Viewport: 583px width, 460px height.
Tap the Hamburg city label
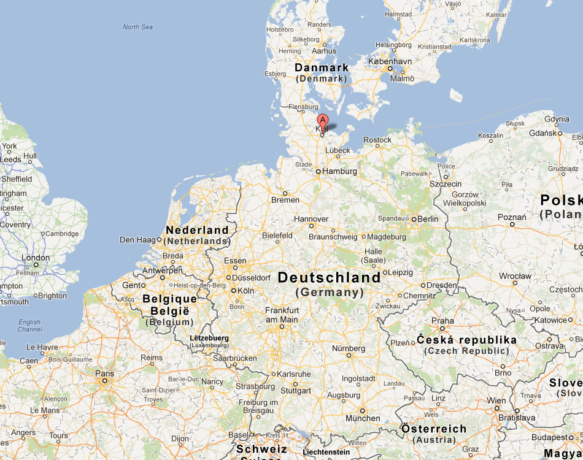click(339, 172)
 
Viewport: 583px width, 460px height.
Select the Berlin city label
click(428, 219)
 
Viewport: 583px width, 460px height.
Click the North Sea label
click(137, 27)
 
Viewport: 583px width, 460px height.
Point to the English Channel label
click(29, 326)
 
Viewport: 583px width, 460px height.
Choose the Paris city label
click(104, 373)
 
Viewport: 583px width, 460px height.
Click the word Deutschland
click(329, 278)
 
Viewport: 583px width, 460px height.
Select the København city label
click(390, 62)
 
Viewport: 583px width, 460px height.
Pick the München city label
click(363, 418)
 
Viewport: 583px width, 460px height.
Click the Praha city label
click(442, 321)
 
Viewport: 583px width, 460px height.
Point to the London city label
click(36, 258)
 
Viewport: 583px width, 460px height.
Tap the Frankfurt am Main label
click(282, 315)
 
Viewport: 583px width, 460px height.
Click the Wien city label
click(496, 401)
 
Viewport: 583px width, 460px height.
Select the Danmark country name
click(322, 67)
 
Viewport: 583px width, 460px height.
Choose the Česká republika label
click(466, 340)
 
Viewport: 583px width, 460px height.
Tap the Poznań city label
click(512, 217)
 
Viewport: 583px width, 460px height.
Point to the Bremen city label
click(285, 200)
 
